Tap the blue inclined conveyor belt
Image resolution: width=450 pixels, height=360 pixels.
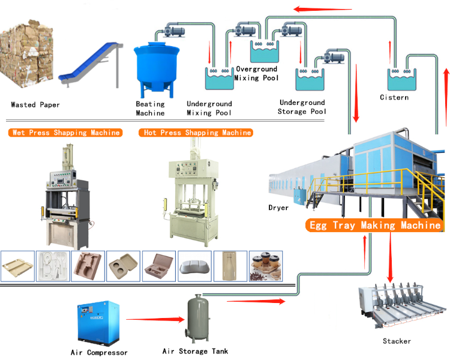(x=89, y=62)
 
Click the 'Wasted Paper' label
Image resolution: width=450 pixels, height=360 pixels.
(x=35, y=105)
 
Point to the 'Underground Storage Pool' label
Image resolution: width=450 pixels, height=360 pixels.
(x=302, y=107)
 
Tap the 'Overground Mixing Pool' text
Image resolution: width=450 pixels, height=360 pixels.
(x=257, y=73)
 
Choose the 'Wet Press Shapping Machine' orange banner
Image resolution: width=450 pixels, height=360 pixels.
(x=65, y=133)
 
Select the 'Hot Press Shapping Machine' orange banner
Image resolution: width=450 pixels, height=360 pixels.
(x=196, y=133)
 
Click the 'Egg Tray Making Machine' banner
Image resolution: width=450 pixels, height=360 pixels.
(x=374, y=226)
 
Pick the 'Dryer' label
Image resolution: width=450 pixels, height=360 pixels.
(x=278, y=208)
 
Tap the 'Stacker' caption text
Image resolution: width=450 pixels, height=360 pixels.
(x=397, y=341)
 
